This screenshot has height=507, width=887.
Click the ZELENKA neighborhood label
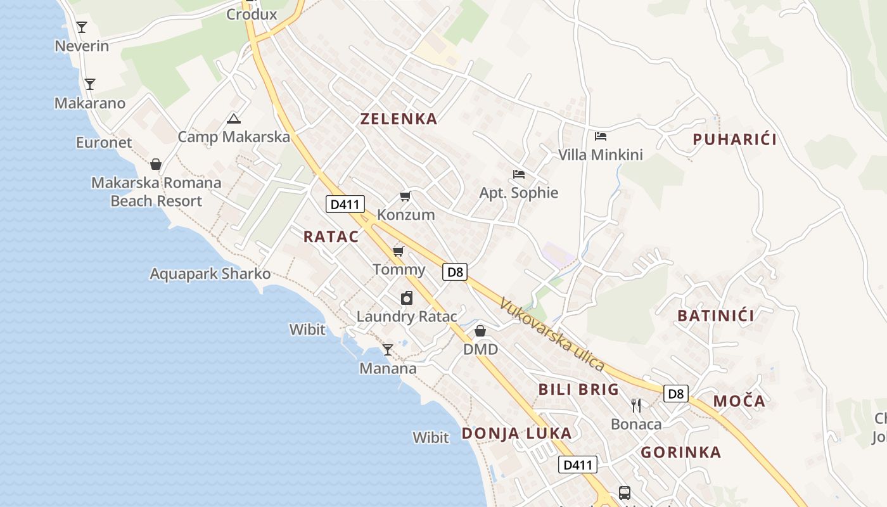(x=399, y=119)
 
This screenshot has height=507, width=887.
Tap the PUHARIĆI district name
(x=734, y=139)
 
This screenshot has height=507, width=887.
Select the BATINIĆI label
(x=716, y=316)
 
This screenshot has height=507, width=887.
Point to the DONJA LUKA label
(x=516, y=433)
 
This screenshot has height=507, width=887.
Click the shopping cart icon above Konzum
(x=405, y=196)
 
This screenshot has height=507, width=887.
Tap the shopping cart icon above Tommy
(x=399, y=252)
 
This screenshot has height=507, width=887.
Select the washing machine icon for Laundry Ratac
(x=407, y=298)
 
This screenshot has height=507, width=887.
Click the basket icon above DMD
(x=480, y=331)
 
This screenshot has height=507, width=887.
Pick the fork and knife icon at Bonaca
(x=636, y=406)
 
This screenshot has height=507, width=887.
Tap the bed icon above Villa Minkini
(x=600, y=136)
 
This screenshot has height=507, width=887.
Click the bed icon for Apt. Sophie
(x=519, y=174)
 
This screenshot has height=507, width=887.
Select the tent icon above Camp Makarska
(x=234, y=119)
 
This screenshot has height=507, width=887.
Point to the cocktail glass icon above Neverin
(x=82, y=27)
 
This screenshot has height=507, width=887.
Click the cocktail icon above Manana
(x=388, y=350)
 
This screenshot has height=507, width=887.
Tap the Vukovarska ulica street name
(x=551, y=334)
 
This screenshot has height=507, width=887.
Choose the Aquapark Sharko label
(x=210, y=274)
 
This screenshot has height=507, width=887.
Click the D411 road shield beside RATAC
(x=345, y=204)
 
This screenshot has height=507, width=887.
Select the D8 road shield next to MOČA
(x=676, y=394)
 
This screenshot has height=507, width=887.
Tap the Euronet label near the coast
(x=104, y=143)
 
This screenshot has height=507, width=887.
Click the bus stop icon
(x=624, y=492)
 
